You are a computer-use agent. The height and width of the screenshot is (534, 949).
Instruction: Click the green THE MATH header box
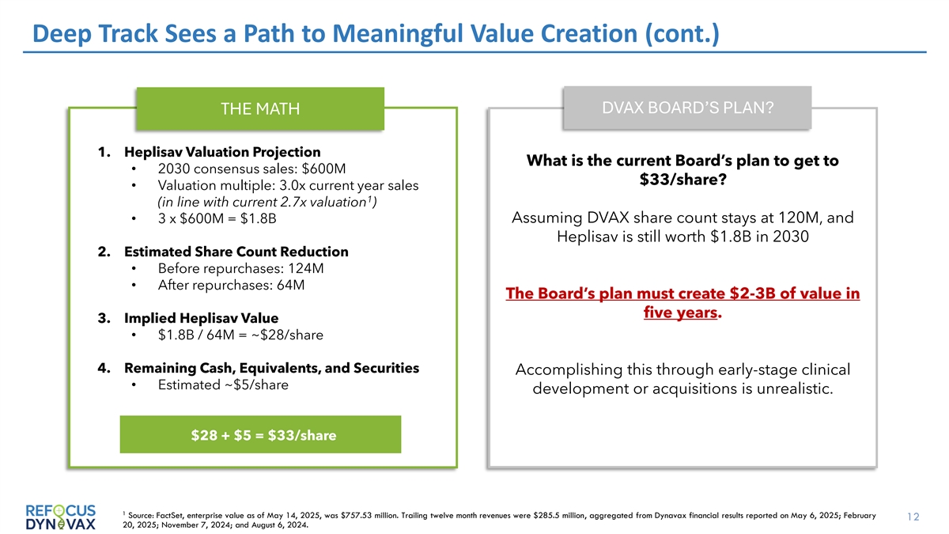[x=260, y=109]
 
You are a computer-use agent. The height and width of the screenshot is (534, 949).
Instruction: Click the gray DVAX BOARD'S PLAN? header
[x=687, y=108]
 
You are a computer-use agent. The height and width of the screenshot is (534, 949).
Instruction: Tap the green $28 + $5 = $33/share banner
[x=260, y=434]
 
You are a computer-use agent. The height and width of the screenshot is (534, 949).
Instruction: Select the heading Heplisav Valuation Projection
[x=222, y=152]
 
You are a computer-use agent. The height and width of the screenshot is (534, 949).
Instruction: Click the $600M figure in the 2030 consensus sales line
[x=323, y=169]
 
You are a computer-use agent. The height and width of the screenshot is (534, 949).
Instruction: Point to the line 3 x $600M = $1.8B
[x=217, y=218]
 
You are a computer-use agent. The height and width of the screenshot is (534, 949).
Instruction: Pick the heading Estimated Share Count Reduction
[x=236, y=252]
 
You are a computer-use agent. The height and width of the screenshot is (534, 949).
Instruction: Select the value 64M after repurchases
[x=291, y=286]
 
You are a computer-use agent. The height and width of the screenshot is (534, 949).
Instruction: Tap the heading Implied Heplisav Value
[x=201, y=318]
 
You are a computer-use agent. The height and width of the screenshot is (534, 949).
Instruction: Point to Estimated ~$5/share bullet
[x=223, y=384]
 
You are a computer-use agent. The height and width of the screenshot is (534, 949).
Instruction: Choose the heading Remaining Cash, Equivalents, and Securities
[x=271, y=368]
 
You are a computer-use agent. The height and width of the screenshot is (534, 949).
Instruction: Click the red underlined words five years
[x=680, y=312]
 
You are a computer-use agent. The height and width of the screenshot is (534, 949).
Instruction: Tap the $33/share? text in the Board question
[x=683, y=180]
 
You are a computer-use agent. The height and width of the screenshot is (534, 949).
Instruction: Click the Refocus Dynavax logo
[x=61, y=517]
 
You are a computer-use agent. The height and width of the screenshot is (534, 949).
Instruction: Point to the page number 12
[x=913, y=517]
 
